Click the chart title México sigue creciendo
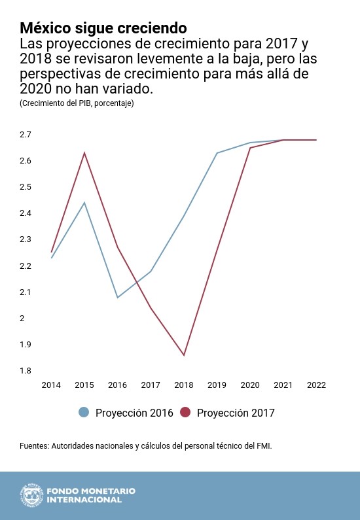(103, 28)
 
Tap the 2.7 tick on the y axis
(26, 135)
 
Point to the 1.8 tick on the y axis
(26, 371)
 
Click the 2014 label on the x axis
(51, 385)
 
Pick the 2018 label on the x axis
(184, 385)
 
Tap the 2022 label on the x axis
(316, 385)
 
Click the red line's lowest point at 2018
(184, 355)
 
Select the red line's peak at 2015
(84, 153)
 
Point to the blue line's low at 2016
(118, 298)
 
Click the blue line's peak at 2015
(84, 203)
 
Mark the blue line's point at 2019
(217, 153)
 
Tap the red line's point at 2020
(250, 148)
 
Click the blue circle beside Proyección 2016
(84, 413)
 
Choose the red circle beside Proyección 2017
(185, 413)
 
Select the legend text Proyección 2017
(236, 413)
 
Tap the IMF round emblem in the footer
(30, 495)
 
